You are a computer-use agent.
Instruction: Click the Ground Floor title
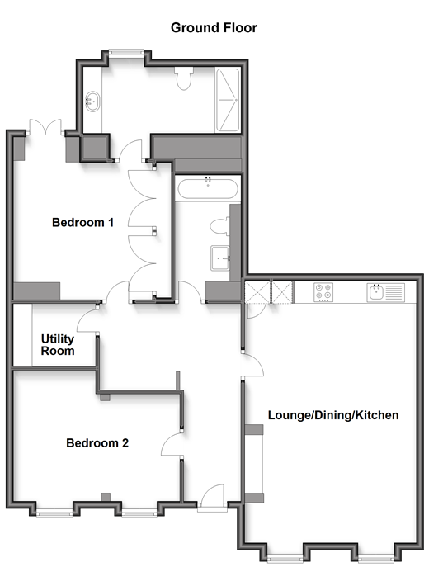(214, 28)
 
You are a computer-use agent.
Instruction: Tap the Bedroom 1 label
(82, 222)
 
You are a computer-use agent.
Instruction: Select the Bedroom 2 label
(97, 443)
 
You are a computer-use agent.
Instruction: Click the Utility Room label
(58, 345)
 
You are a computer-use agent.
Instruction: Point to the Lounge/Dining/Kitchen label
(333, 415)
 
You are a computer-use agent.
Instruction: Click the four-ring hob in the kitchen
(323, 292)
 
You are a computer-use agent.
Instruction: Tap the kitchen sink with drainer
(385, 292)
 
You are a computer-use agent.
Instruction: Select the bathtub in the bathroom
(208, 187)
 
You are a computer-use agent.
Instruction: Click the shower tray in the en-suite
(228, 99)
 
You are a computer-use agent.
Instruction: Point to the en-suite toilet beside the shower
(184, 78)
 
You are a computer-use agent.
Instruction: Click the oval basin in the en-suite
(92, 102)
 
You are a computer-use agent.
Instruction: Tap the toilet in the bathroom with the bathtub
(219, 227)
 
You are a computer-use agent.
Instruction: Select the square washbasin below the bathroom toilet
(220, 258)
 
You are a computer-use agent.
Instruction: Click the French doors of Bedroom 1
(45, 127)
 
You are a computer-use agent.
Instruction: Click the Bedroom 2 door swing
(172, 445)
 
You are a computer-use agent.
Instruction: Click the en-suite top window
(126, 53)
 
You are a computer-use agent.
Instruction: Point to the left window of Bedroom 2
(54, 513)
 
